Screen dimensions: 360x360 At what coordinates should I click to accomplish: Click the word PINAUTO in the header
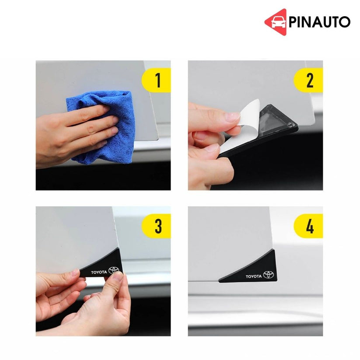[319, 22]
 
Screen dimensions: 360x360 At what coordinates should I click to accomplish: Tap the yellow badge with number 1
[157, 80]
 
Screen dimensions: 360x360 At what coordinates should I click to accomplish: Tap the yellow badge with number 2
[309, 80]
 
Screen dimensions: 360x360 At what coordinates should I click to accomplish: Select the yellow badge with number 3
[157, 226]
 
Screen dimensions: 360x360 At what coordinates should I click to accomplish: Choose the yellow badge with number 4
[309, 226]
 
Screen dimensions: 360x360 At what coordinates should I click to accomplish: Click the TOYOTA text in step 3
[98, 272]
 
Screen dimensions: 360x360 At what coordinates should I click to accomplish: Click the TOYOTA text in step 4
[253, 276]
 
